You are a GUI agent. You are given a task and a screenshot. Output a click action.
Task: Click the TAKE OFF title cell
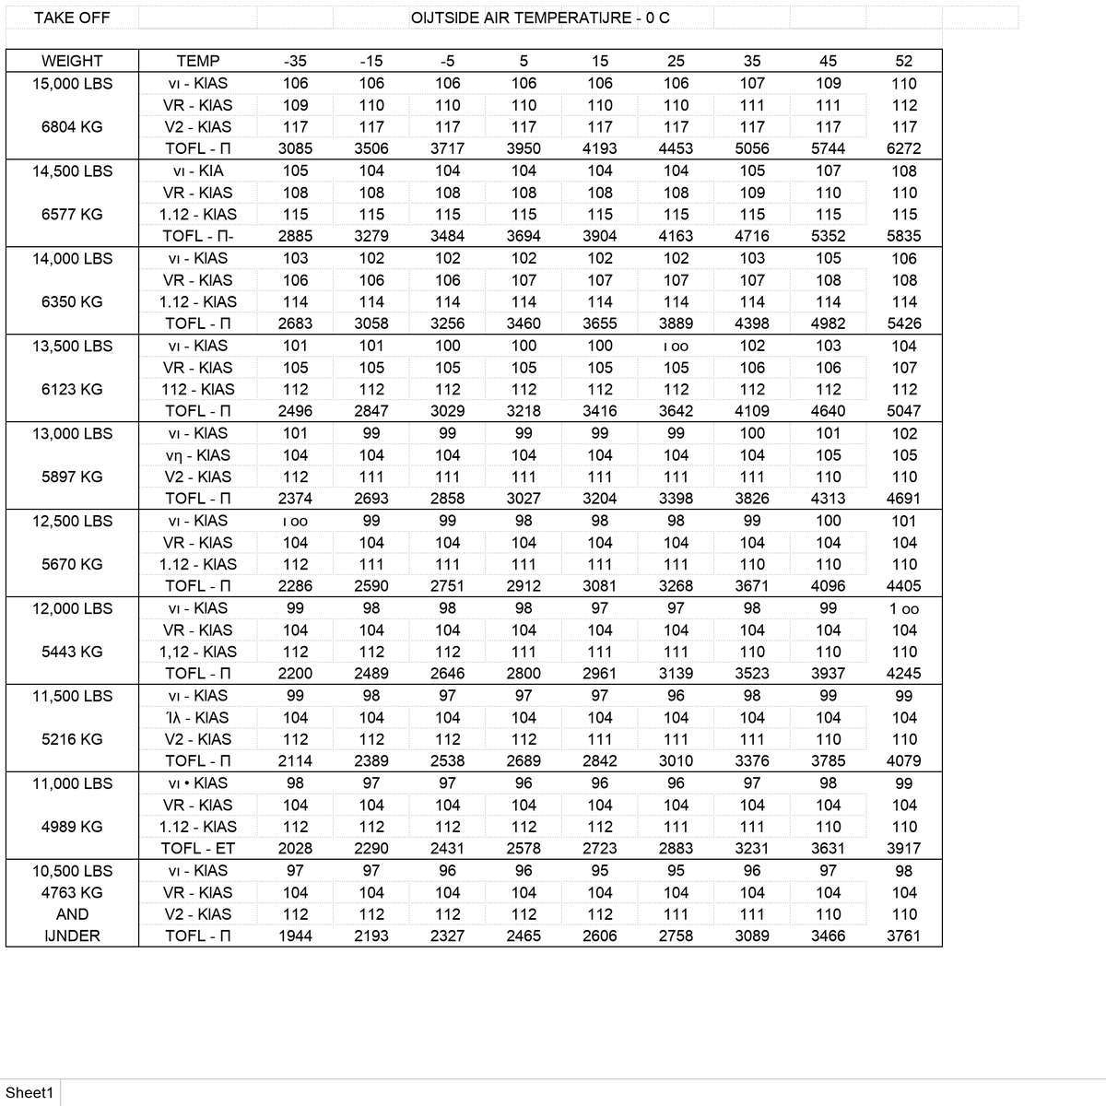[x=72, y=18]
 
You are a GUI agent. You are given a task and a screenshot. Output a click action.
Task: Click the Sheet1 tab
[x=29, y=1092]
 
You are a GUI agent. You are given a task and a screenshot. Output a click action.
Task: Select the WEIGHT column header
[x=72, y=61]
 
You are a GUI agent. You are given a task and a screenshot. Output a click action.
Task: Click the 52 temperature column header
[x=903, y=61]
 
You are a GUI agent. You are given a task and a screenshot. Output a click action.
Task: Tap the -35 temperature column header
[x=295, y=61]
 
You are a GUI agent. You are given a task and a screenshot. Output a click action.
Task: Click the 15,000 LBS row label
[x=72, y=83]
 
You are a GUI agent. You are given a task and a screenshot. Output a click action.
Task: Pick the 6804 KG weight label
[x=72, y=126]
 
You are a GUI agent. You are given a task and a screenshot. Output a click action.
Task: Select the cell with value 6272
[x=903, y=148]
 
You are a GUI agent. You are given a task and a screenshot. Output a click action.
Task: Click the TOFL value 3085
[x=295, y=148]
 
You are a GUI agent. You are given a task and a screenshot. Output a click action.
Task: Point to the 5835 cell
[x=903, y=236]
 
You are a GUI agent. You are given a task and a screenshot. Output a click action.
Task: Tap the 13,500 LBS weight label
[x=72, y=346]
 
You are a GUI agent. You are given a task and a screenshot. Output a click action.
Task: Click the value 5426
[x=903, y=324]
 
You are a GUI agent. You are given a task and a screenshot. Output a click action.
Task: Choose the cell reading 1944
[x=295, y=935]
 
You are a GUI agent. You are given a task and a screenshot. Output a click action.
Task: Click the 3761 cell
[x=903, y=935]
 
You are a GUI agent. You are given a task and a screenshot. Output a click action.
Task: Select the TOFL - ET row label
[x=197, y=848]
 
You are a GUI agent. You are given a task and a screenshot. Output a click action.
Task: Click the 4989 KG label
[x=72, y=827]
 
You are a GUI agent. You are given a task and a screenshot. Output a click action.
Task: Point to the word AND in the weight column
[x=72, y=914]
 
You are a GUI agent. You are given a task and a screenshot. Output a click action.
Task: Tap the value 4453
[x=676, y=148]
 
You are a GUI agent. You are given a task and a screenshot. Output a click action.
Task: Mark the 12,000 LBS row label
[x=72, y=608]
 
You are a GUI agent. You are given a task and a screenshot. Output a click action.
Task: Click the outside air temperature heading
[x=540, y=18]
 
